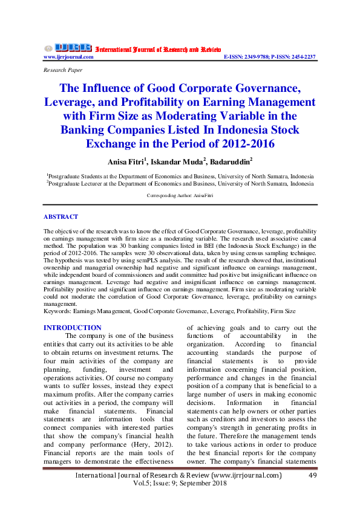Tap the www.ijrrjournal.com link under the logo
[68, 57]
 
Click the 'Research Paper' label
[62, 71]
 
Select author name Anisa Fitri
[128, 161]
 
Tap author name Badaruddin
[231, 161]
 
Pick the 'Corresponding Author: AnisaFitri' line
[180, 195]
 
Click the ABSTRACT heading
[61, 216]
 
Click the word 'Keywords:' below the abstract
[57, 311]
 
